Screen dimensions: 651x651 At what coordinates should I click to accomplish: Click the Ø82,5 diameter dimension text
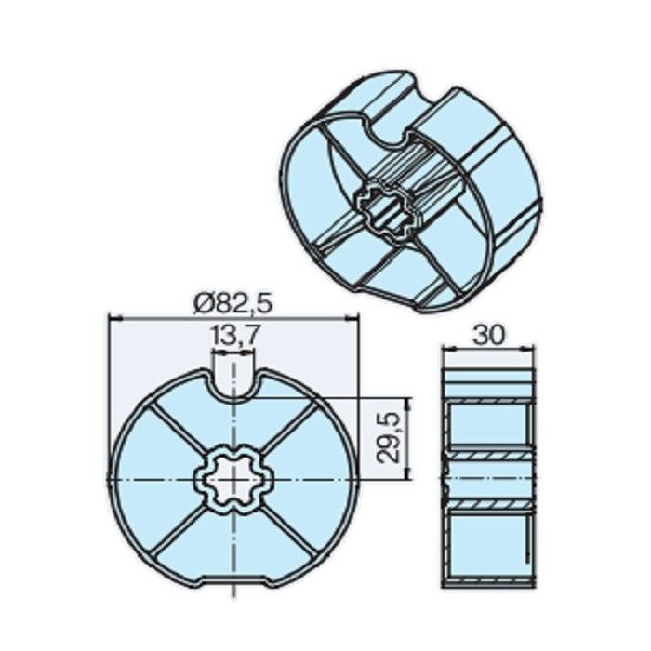(233, 303)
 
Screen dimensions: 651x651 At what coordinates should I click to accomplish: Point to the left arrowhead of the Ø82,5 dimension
(114, 318)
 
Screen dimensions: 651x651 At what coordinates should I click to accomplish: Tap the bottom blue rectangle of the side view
(488, 549)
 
